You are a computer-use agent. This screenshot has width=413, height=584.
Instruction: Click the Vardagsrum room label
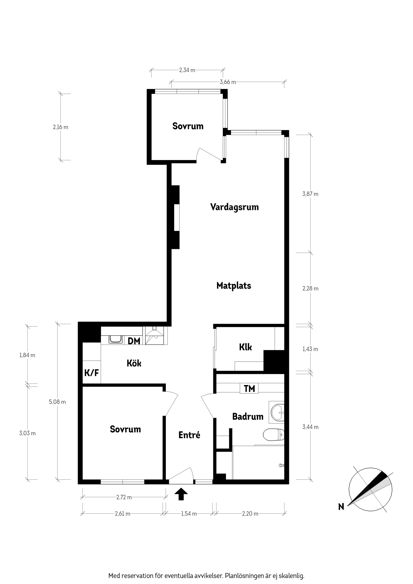[234, 207]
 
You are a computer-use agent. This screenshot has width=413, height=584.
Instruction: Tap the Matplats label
[234, 286]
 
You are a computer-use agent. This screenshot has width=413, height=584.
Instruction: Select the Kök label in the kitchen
[134, 363]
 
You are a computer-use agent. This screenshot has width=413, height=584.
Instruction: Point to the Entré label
[189, 435]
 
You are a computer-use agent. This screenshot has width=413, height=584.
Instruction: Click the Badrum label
[248, 416]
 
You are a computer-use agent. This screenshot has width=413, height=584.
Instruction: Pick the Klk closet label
[245, 347]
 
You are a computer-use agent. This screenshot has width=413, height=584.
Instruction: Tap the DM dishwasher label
[134, 341]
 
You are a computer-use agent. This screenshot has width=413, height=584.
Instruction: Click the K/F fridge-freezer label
[92, 373]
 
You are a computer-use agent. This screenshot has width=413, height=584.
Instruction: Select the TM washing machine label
[249, 388]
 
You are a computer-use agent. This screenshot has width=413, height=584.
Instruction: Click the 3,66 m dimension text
[228, 82]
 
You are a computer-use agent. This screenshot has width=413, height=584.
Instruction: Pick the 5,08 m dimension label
[57, 402]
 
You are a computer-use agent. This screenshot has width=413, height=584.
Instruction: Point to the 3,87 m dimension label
[310, 194]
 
